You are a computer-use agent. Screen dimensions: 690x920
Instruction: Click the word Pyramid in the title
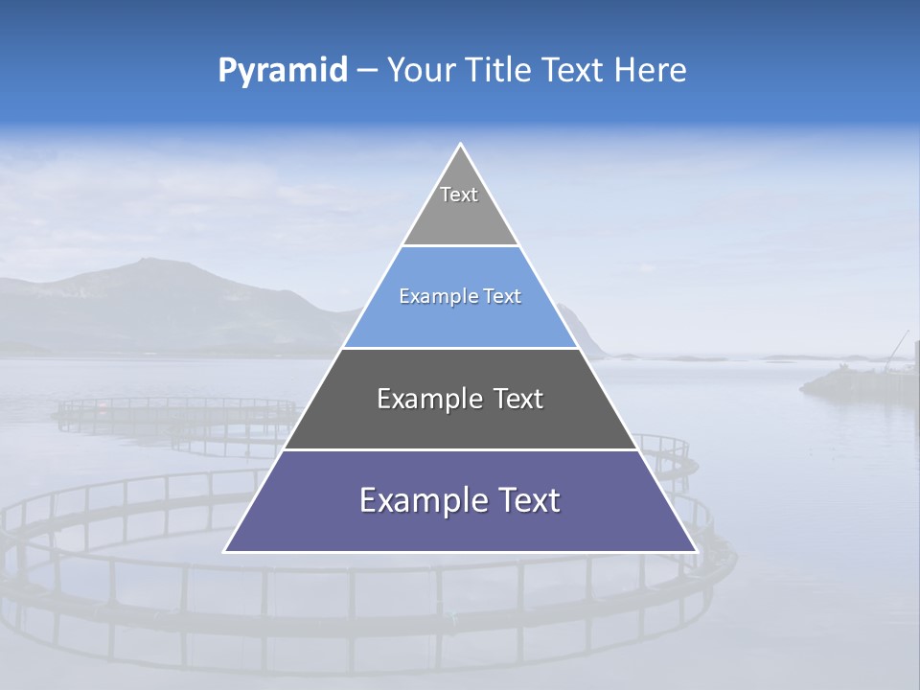pyautogui.click(x=283, y=71)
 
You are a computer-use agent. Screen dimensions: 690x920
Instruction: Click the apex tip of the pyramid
pyautogui.click(x=460, y=145)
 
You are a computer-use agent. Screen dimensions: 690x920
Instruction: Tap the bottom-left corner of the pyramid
pyautogui.click(x=226, y=550)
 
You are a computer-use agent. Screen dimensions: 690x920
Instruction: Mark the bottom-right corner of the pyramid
pyautogui.click(x=695, y=550)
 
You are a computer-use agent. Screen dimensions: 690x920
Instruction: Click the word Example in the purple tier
pyautogui.click(x=418, y=500)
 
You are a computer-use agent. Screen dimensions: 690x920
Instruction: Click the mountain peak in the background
pyautogui.click(x=144, y=261)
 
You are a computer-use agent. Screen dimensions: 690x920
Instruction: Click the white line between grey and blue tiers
pyautogui.click(x=460, y=245)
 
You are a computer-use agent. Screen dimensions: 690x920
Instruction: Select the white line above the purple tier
pyautogui.click(x=460, y=449)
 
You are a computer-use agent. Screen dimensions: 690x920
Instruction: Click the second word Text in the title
pyautogui.click(x=572, y=71)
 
